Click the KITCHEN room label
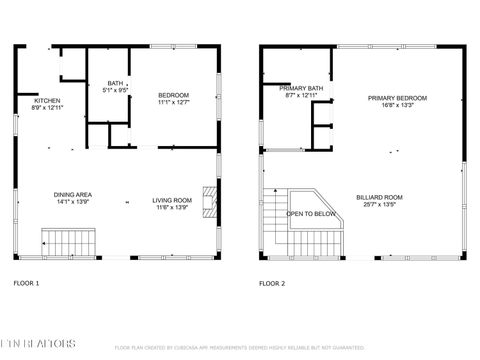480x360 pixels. click(x=47, y=100)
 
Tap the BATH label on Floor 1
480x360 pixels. click(x=116, y=83)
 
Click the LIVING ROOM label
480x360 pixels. click(x=171, y=200)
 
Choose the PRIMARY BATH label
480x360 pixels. click(x=301, y=88)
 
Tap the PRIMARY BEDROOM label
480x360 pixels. click(x=397, y=97)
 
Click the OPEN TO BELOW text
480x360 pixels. click(x=311, y=214)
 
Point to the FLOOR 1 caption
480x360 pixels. click(x=26, y=284)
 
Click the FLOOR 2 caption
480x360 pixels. click(x=272, y=284)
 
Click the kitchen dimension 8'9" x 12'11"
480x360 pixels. click(x=48, y=107)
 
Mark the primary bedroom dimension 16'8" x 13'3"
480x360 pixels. click(x=397, y=104)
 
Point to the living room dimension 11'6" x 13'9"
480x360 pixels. click(x=171, y=207)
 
